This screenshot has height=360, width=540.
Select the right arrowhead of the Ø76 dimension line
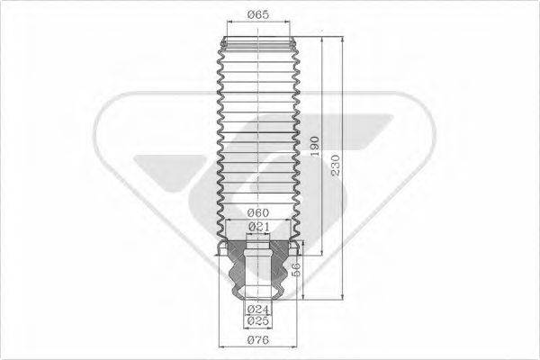tap(297, 346)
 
